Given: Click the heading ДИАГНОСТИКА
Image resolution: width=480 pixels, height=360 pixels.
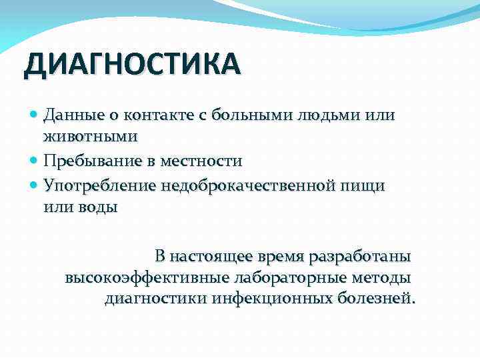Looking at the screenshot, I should point(131,66).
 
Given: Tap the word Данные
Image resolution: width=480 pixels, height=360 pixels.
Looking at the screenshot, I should point(69,115).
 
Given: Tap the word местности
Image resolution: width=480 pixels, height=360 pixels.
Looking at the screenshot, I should point(203,161).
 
